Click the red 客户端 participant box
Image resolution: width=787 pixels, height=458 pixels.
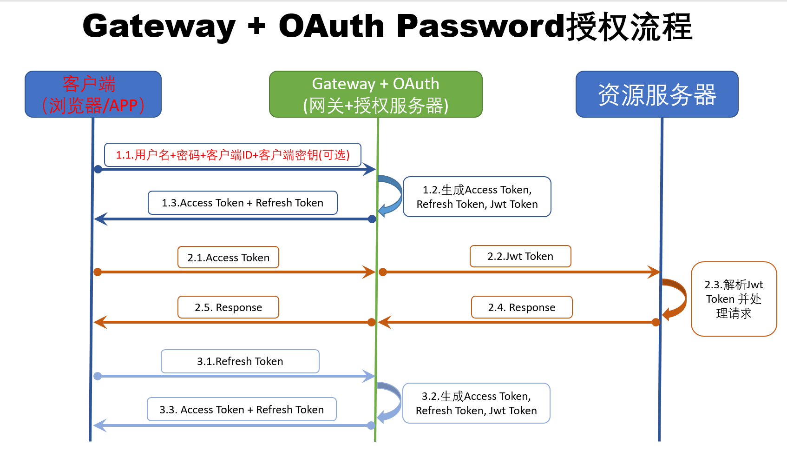click(x=93, y=94)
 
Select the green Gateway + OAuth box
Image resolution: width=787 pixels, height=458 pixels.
click(x=375, y=94)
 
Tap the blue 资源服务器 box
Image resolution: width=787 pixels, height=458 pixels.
click(x=656, y=94)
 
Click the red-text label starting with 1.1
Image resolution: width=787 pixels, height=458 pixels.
click(x=232, y=155)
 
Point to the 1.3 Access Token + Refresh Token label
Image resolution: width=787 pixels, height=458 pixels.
click(x=243, y=203)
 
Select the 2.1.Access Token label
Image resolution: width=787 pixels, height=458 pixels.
click(x=228, y=258)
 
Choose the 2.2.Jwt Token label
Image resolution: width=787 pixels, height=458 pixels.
click(x=520, y=256)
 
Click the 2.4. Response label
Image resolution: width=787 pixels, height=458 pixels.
click(x=522, y=307)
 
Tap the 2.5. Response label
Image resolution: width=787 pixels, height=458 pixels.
click(x=228, y=307)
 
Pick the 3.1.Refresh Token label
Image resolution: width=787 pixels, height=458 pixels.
click(x=240, y=361)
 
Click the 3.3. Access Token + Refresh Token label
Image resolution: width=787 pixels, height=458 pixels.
click(x=242, y=410)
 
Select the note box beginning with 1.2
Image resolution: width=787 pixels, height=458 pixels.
click(x=477, y=197)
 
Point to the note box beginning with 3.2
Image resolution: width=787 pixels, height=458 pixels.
click(x=476, y=403)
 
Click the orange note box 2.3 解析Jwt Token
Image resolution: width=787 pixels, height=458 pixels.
click(x=734, y=299)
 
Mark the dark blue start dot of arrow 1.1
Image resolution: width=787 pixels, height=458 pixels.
click(x=98, y=169)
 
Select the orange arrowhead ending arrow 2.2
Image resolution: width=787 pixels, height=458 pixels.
click(x=655, y=272)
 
